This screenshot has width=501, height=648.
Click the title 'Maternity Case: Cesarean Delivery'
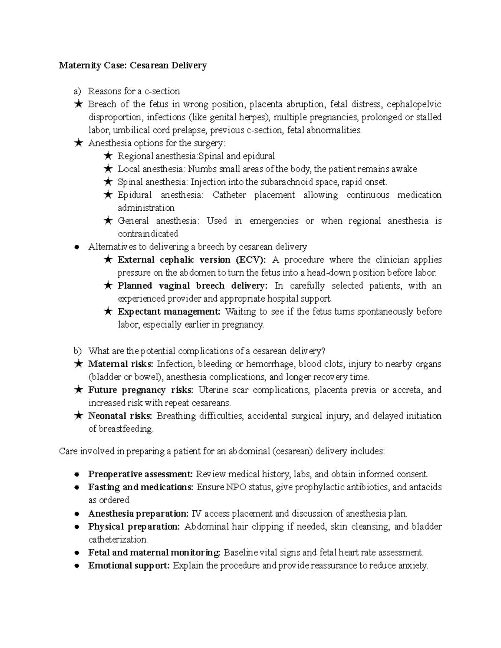pos(133,66)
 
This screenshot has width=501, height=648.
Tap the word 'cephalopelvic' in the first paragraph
pos(414,104)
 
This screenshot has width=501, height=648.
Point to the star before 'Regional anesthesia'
pos(107,156)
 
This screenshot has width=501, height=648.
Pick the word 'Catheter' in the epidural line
pos(229,195)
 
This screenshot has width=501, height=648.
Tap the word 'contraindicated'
pos(148,234)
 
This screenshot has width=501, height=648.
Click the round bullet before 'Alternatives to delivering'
pos(77,247)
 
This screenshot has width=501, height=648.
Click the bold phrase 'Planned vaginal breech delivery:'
pos(192,286)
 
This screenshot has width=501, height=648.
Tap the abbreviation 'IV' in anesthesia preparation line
pos(196,513)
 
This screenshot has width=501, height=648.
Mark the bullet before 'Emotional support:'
pos(77,566)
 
